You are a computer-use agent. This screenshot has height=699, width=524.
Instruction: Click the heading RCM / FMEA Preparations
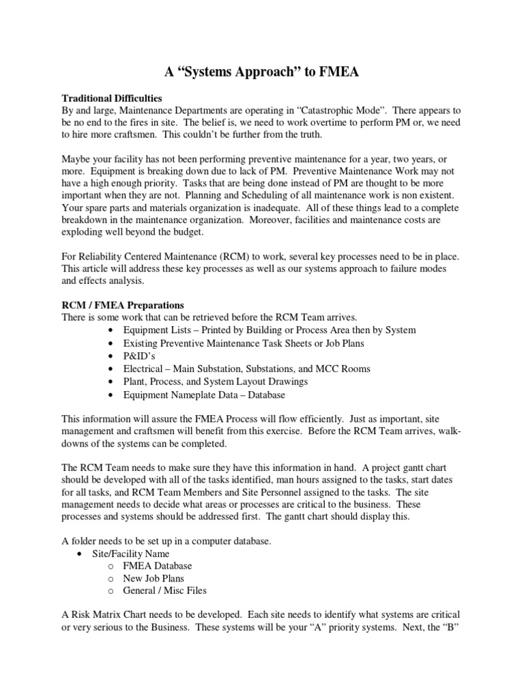tap(123, 304)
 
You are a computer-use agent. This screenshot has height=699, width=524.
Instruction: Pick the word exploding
tap(84, 233)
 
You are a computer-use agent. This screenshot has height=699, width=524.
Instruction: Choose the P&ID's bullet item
tap(140, 356)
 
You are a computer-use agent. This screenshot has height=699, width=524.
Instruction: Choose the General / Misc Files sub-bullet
tap(164, 591)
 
